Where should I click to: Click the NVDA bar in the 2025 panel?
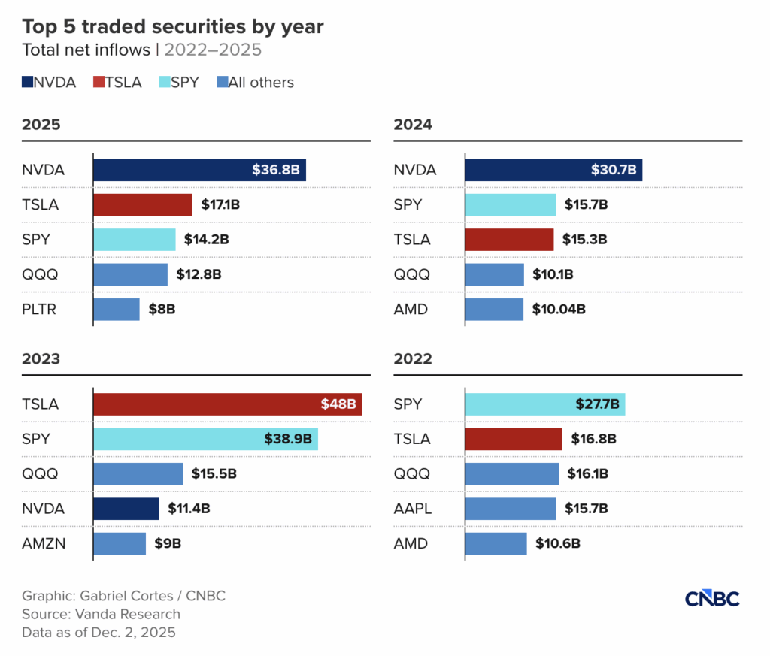(x=199, y=170)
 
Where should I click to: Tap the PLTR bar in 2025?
(x=117, y=310)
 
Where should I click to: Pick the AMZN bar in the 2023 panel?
(x=120, y=543)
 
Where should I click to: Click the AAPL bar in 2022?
(x=511, y=509)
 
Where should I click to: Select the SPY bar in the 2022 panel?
(x=545, y=404)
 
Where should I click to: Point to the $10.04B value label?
(x=558, y=310)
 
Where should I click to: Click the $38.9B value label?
(x=287, y=439)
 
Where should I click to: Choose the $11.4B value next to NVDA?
(x=189, y=509)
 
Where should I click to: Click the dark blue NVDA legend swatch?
(x=27, y=83)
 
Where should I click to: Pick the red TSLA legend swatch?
(x=98, y=83)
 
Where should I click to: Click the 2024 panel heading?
(x=413, y=125)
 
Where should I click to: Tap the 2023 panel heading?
(x=41, y=358)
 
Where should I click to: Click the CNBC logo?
(x=712, y=599)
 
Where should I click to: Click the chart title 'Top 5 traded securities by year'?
(x=173, y=27)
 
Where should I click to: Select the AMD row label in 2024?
(x=411, y=310)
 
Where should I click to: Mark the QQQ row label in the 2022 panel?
(x=411, y=474)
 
